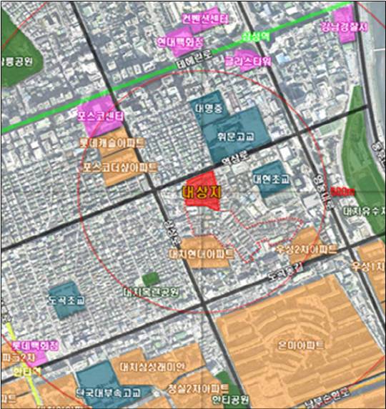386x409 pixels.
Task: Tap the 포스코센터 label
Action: [x=101, y=114]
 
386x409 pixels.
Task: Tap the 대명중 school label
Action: [x=209, y=110]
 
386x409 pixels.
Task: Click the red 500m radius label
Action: [x=341, y=192]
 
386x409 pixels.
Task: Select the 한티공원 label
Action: [x=231, y=398]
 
